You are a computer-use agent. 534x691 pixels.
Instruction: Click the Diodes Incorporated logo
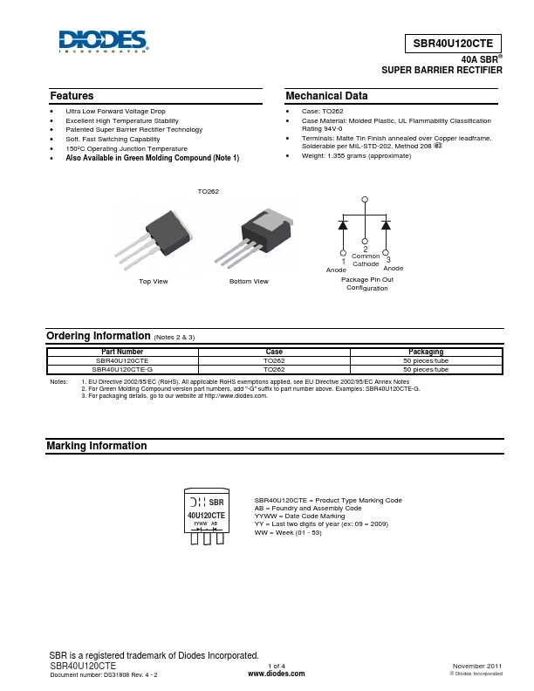pos(103,41)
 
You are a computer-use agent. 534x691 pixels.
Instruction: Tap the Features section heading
pos(72,96)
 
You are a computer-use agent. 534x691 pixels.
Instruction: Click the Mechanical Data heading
pos(326,96)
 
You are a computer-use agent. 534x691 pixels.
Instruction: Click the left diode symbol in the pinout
pos(343,225)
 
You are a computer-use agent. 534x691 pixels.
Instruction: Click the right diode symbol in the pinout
pos(386,225)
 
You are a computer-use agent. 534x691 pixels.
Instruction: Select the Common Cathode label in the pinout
pos(366,260)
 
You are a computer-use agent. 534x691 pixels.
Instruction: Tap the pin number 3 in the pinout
pos(387,259)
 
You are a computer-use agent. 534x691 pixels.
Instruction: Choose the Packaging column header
pos(426,352)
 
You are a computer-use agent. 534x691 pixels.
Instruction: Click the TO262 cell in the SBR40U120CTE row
pos(274,360)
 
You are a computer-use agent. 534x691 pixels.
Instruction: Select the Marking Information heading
pos(96,446)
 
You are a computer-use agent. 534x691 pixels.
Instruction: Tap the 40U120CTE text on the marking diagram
pos(207,516)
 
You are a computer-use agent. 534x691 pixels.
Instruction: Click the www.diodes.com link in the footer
pos(277,674)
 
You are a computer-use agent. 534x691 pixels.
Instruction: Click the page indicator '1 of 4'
pos(277,666)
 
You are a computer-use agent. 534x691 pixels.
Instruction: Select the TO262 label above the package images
pos(208,191)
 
